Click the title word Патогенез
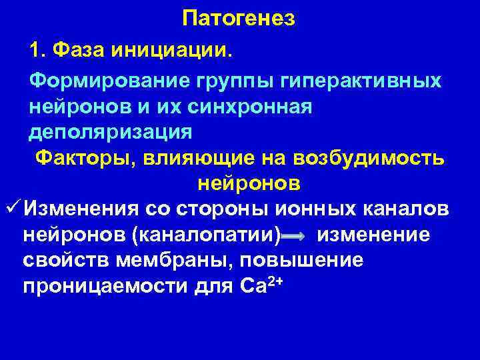pyautogui.click(x=239, y=19)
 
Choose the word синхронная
pyautogui.click(x=243, y=106)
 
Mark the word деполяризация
pyautogui.click(x=110, y=131)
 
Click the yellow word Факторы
pyautogui.click(x=82, y=157)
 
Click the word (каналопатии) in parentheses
pyautogui.click(x=206, y=234)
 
